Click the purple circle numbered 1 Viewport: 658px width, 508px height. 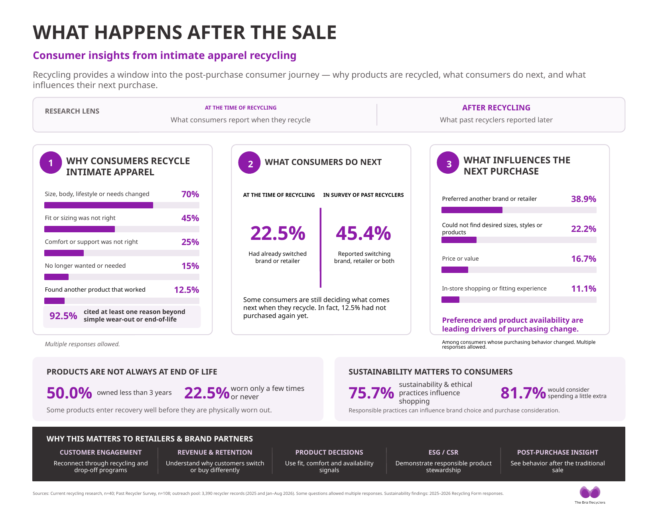51,163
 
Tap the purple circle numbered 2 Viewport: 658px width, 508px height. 249,163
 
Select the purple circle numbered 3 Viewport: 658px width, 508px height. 448,163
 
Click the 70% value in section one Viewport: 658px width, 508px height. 190,194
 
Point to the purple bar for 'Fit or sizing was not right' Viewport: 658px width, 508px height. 80,229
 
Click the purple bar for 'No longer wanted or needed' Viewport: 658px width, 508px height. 56,277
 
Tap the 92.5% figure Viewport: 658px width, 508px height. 63,316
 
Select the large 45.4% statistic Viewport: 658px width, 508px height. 363,233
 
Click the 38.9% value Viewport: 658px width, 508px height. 583,199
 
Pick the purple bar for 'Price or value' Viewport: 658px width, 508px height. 455,270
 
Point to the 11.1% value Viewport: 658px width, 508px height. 583,288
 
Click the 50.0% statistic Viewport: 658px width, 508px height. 69,393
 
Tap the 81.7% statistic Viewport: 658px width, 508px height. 523,393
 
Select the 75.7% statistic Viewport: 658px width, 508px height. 371,393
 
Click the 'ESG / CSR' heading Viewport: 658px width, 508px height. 443,452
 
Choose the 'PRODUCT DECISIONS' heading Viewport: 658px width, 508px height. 329,452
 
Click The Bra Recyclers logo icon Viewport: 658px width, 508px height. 590,492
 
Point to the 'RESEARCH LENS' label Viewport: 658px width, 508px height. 72,111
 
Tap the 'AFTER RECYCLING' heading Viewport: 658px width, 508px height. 496,108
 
